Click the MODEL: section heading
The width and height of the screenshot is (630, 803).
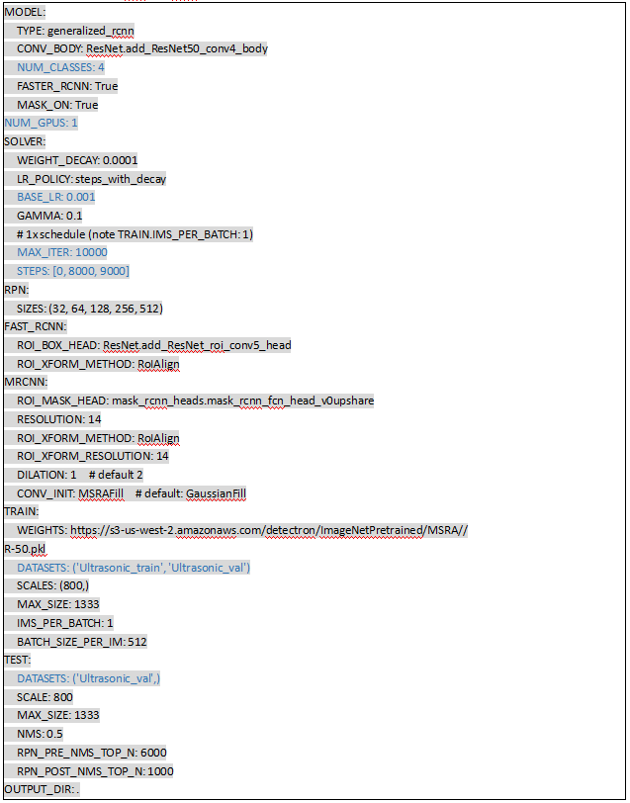pos(25,12)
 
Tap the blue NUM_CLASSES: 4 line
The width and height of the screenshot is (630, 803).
pos(60,67)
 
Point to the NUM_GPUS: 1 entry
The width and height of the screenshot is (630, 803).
pos(41,123)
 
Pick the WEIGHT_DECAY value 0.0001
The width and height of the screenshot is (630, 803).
pos(120,160)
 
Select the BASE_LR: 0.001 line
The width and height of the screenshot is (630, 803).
pos(56,197)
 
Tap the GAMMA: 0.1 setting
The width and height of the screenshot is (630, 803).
pos(49,216)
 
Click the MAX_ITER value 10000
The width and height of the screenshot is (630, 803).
pos(92,252)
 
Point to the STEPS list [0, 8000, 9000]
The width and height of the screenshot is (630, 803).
pos(96,271)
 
